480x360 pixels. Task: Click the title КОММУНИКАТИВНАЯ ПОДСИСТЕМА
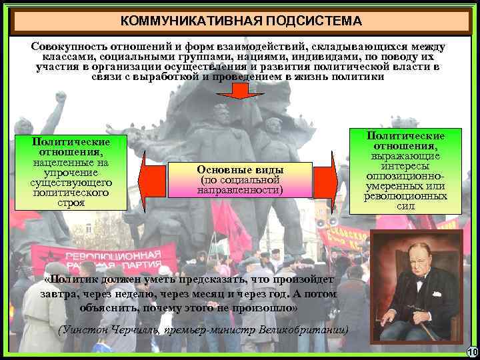(241, 21)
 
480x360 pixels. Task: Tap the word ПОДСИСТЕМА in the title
(313, 21)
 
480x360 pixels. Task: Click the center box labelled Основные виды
(241, 179)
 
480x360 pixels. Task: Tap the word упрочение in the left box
(71, 173)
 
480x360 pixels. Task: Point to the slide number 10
(472, 352)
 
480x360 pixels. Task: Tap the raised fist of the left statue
(61, 97)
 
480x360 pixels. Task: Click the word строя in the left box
(71, 203)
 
